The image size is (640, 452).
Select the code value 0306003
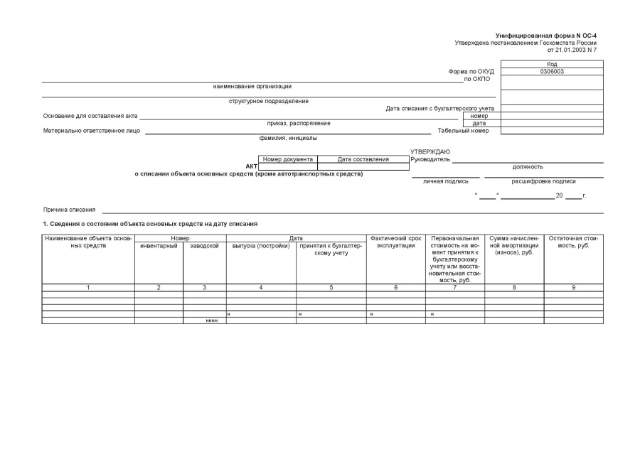pos(552,71)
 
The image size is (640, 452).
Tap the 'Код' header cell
pos(552,64)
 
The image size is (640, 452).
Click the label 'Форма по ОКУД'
pos(471,71)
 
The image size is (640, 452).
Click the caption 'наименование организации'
pos(252,87)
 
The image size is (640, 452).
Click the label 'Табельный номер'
pos(468,131)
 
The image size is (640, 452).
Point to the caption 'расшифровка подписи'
pos(543,181)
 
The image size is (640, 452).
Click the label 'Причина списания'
pos(69,210)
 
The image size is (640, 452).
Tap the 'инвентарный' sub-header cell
pos(159,246)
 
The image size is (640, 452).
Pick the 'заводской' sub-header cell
pos(204,246)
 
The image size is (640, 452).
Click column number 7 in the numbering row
pos(454,287)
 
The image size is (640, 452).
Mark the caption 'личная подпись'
pos(445,181)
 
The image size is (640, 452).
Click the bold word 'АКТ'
pos(251,166)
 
